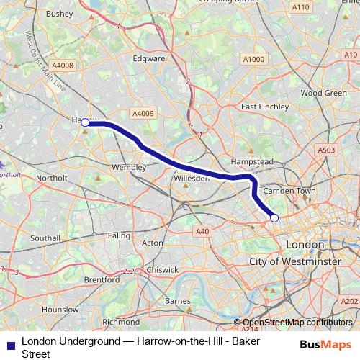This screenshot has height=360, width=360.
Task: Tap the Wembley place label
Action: (x=130, y=167)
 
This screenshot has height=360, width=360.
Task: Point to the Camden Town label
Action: (x=290, y=191)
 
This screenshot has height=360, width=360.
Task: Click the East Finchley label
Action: (x=265, y=107)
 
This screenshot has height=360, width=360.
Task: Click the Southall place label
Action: (x=45, y=238)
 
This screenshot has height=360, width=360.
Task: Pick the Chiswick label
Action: (x=163, y=269)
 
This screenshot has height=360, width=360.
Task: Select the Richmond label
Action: (x=121, y=322)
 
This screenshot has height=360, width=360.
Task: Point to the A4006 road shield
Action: (x=143, y=113)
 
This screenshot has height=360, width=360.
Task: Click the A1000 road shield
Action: (x=253, y=59)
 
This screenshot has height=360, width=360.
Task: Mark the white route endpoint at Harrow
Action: (x=85, y=123)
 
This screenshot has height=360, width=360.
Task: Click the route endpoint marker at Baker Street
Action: (x=274, y=217)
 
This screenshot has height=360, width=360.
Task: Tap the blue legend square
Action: (x=11, y=346)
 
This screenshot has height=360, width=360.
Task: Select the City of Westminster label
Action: (x=295, y=261)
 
